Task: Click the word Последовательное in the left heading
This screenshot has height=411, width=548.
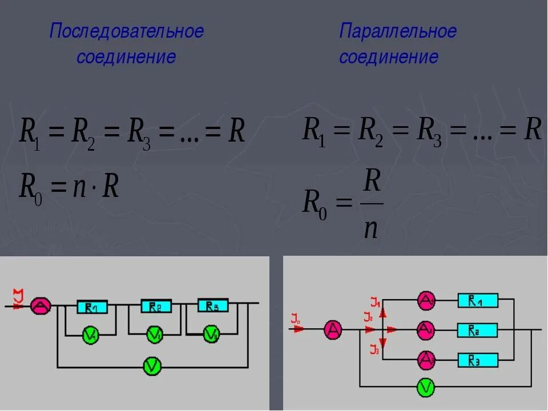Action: point(126,31)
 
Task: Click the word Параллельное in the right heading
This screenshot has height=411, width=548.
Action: point(398,31)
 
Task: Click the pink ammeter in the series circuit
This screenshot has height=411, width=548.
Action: point(41,306)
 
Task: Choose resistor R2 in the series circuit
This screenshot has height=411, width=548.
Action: point(155,307)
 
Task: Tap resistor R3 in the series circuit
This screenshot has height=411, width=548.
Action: point(212,305)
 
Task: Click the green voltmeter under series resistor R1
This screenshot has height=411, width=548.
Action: point(91,335)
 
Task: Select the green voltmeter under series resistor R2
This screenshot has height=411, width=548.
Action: point(154,335)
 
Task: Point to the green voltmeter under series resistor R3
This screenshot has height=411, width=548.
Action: point(212,334)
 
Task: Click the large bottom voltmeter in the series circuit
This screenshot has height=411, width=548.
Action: point(151,366)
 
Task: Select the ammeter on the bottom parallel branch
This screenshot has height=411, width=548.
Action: point(426,360)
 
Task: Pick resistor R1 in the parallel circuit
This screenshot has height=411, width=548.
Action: point(477,300)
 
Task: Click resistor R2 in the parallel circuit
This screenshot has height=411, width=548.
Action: point(477,330)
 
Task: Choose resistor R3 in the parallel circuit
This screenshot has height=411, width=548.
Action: point(477,360)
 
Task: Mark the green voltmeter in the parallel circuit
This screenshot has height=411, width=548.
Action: point(426,388)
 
